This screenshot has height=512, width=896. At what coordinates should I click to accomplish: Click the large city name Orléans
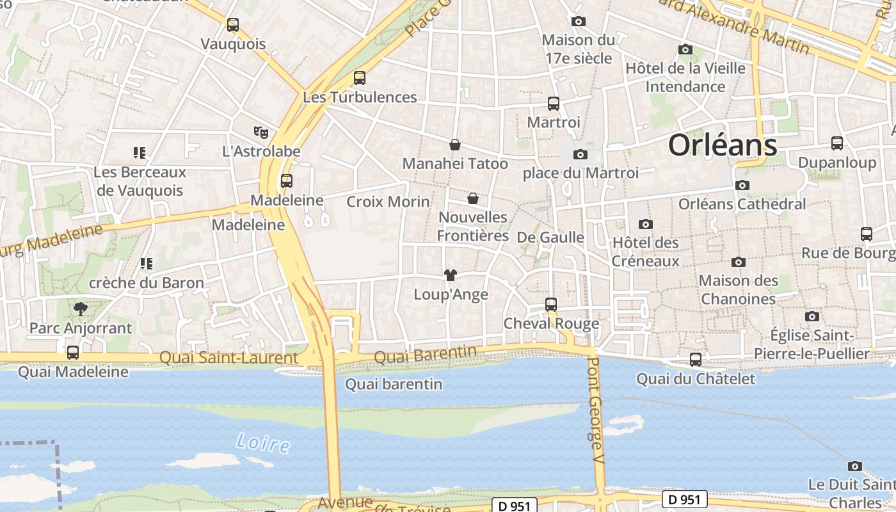[723, 146]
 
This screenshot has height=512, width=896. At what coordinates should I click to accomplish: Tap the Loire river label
[262, 442]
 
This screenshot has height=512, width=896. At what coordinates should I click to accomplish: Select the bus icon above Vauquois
[233, 25]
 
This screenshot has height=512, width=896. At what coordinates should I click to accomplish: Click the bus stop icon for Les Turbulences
[360, 78]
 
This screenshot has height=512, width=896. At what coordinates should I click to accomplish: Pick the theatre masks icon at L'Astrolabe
[260, 132]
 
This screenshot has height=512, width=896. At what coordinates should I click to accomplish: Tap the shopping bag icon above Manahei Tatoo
[455, 145]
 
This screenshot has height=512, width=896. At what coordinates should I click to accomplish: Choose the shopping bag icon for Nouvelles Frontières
[473, 198]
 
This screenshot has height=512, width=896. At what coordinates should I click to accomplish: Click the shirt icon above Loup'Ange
[451, 275]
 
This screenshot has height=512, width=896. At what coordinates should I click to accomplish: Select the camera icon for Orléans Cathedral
[742, 186]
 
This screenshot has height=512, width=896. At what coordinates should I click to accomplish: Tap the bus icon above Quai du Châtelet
[696, 360]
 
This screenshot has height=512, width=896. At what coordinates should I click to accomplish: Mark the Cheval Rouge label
[551, 323]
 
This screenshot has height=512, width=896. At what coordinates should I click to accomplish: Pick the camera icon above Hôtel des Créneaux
[646, 224]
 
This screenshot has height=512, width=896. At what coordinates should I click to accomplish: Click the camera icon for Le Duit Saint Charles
[854, 466]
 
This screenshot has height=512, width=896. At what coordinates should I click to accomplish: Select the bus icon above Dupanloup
[837, 143]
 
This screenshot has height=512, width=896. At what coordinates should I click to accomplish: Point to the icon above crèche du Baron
[147, 263]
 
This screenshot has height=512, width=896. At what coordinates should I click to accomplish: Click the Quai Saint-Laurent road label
[228, 358]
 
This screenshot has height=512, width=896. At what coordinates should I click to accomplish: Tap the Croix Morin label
[388, 202]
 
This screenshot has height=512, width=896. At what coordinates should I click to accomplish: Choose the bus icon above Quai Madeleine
[73, 353]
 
